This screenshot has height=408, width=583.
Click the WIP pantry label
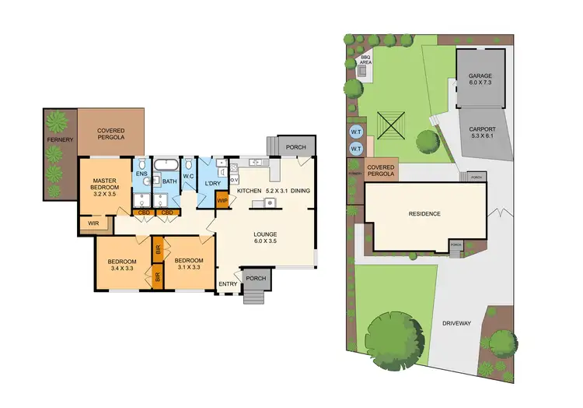click(x=223, y=201)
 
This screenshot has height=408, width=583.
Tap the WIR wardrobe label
click(x=93, y=225)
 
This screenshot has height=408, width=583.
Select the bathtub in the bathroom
click(x=164, y=166)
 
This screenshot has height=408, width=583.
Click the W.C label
click(x=188, y=176)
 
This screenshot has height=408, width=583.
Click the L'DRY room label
click(x=214, y=183)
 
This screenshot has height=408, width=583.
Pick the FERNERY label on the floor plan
click(x=59, y=139)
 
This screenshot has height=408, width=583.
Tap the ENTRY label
click(x=227, y=284)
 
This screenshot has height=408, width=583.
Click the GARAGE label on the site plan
click(x=480, y=76)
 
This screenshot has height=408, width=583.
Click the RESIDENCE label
click(x=425, y=213)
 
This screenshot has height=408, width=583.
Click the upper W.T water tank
click(x=356, y=131)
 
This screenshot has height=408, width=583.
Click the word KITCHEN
click(x=250, y=191)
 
